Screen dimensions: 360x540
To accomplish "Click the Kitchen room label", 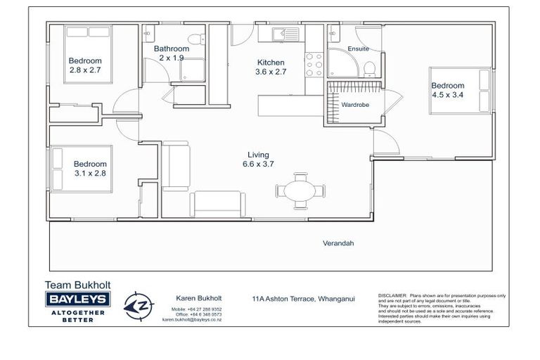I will click(270, 62).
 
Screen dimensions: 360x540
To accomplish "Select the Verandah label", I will click(337, 243).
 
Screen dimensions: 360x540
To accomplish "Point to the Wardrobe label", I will click(355, 105).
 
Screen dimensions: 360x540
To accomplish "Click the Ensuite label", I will click(358, 49).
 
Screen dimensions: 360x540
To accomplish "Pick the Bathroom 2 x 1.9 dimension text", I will click(171, 58).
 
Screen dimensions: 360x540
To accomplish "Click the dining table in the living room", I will click(301, 191).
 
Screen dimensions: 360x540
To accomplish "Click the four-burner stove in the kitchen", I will click(314, 65).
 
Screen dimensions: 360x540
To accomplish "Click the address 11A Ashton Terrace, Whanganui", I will click(303, 298).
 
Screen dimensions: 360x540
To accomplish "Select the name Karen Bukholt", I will click(192, 298).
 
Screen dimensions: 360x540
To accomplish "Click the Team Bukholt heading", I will click(77, 285).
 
